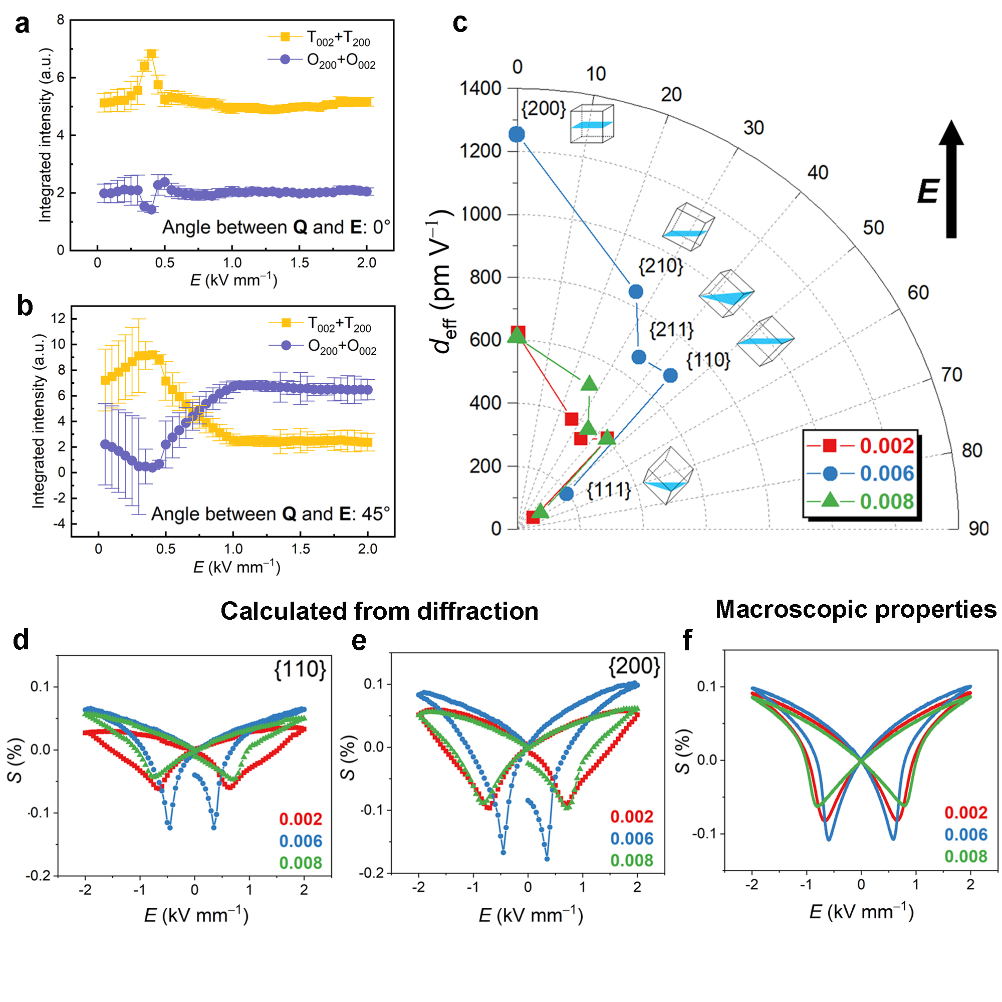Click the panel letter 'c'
459,24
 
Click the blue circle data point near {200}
517,134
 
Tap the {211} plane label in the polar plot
671,329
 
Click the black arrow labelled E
951,179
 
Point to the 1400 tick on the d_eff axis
481,88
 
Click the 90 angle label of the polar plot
978,529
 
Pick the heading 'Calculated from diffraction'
379,611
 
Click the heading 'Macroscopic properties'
855,609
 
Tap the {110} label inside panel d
300,669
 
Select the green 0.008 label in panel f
965,856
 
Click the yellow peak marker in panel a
151,54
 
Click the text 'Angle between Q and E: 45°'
270,514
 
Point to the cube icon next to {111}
668,474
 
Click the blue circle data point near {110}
670,375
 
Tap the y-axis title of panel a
46,135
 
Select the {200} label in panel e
634,666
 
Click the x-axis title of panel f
861,912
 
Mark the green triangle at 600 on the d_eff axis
517,336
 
